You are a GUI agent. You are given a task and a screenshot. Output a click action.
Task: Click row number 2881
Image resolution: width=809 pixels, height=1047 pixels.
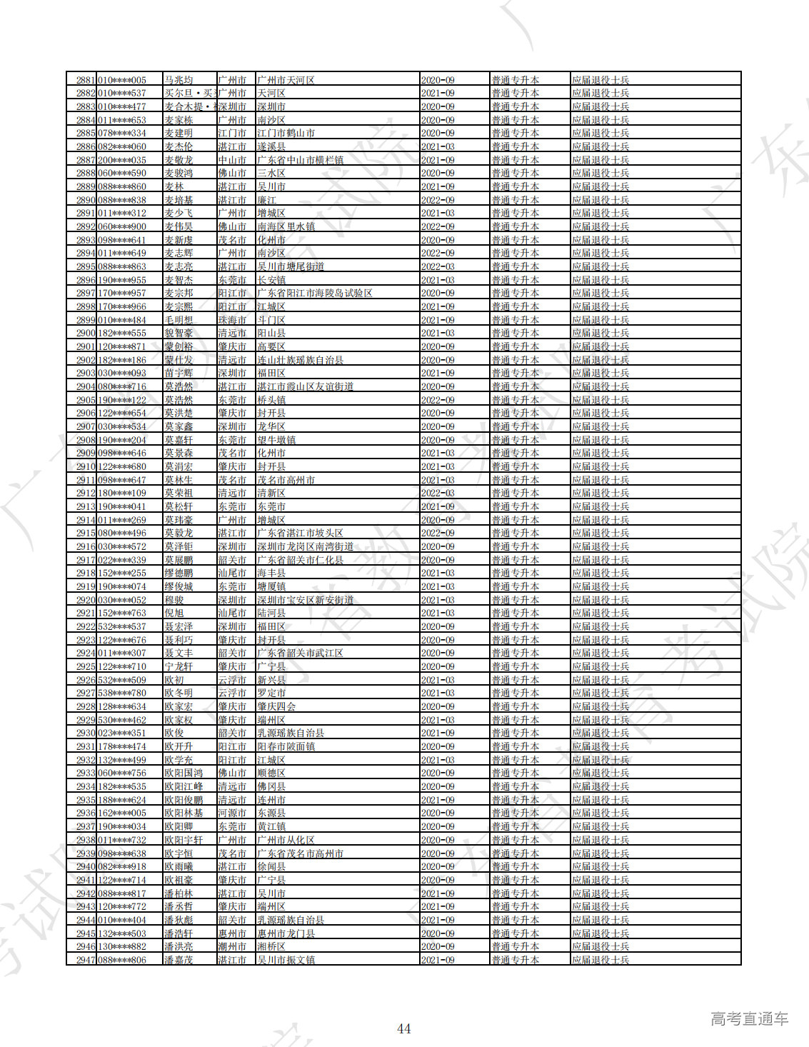pyautogui.click(x=86, y=80)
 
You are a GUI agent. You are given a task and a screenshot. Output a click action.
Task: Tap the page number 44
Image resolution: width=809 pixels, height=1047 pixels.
pyautogui.click(x=403, y=1028)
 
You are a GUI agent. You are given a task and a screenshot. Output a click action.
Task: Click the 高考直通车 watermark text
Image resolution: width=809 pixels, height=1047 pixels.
pyautogui.click(x=749, y=1018)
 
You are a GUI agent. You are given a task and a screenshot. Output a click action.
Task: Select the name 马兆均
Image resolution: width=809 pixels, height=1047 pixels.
pyautogui.click(x=179, y=80)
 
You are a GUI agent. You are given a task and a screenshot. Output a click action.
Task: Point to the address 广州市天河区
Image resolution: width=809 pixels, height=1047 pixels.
pyautogui.click(x=286, y=80)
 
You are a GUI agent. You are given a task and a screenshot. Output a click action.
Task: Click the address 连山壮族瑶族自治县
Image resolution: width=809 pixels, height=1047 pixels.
pyautogui.click(x=300, y=360)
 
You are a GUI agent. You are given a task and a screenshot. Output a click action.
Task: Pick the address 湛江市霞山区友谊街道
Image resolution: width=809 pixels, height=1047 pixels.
pyautogui.click(x=305, y=386)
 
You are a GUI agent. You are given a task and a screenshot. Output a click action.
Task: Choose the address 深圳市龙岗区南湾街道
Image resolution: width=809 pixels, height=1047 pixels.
pyautogui.click(x=305, y=546)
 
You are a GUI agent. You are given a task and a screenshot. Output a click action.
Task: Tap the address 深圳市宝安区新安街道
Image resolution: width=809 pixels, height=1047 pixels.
pyautogui.click(x=305, y=600)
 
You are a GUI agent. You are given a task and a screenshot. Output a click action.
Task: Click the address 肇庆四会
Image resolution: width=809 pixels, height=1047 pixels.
pyautogui.click(x=276, y=706)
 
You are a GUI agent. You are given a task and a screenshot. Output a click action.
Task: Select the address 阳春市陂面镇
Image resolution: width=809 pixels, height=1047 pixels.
pyautogui.click(x=286, y=746)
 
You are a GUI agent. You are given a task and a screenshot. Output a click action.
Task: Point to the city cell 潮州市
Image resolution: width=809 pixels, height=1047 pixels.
pyautogui.click(x=232, y=946)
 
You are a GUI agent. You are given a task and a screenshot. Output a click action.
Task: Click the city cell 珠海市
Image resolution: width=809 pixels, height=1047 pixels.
pyautogui.click(x=232, y=320)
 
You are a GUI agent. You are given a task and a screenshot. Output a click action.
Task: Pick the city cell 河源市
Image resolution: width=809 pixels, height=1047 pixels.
pyautogui.click(x=232, y=813)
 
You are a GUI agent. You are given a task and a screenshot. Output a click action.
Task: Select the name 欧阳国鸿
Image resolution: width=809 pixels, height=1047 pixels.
pyautogui.click(x=184, y=773)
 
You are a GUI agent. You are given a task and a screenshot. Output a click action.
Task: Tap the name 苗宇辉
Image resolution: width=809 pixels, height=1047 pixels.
pyautogui.click(x=179, y=373)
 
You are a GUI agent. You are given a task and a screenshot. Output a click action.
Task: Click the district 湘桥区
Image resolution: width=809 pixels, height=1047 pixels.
pyautogui.click(x=271, y=946)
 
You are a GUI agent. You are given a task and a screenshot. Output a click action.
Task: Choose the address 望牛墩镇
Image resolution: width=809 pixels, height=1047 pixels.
pyautogui.click(x=276, y=440)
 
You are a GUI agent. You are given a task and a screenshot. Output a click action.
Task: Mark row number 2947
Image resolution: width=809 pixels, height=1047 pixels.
pyautogui.click(x=86, y=960)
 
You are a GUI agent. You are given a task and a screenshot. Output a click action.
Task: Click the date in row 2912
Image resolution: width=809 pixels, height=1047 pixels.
pyautogui.click(x=438, y=493)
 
